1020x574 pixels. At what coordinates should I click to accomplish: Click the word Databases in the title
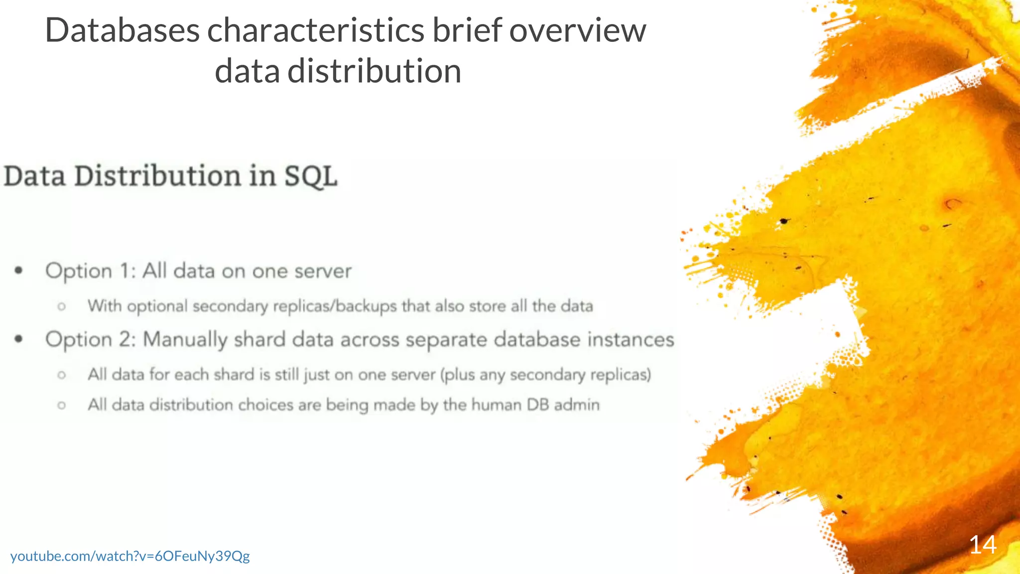122,31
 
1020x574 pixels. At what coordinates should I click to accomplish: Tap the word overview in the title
577,31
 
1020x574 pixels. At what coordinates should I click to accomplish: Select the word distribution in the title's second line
374,71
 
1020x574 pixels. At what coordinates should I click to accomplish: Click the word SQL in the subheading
310,177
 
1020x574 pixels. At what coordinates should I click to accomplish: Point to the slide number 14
982,545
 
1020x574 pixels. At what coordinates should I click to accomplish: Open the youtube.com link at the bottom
130,556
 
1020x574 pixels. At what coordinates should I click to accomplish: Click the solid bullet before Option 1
19,271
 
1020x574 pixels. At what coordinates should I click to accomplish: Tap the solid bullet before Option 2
19,339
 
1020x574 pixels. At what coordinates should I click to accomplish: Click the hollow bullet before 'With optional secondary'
61,306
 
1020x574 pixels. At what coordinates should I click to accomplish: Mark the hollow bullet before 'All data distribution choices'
61,405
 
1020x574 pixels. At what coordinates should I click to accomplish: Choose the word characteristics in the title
315,31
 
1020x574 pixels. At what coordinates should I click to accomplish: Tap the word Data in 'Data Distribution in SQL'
34,177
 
